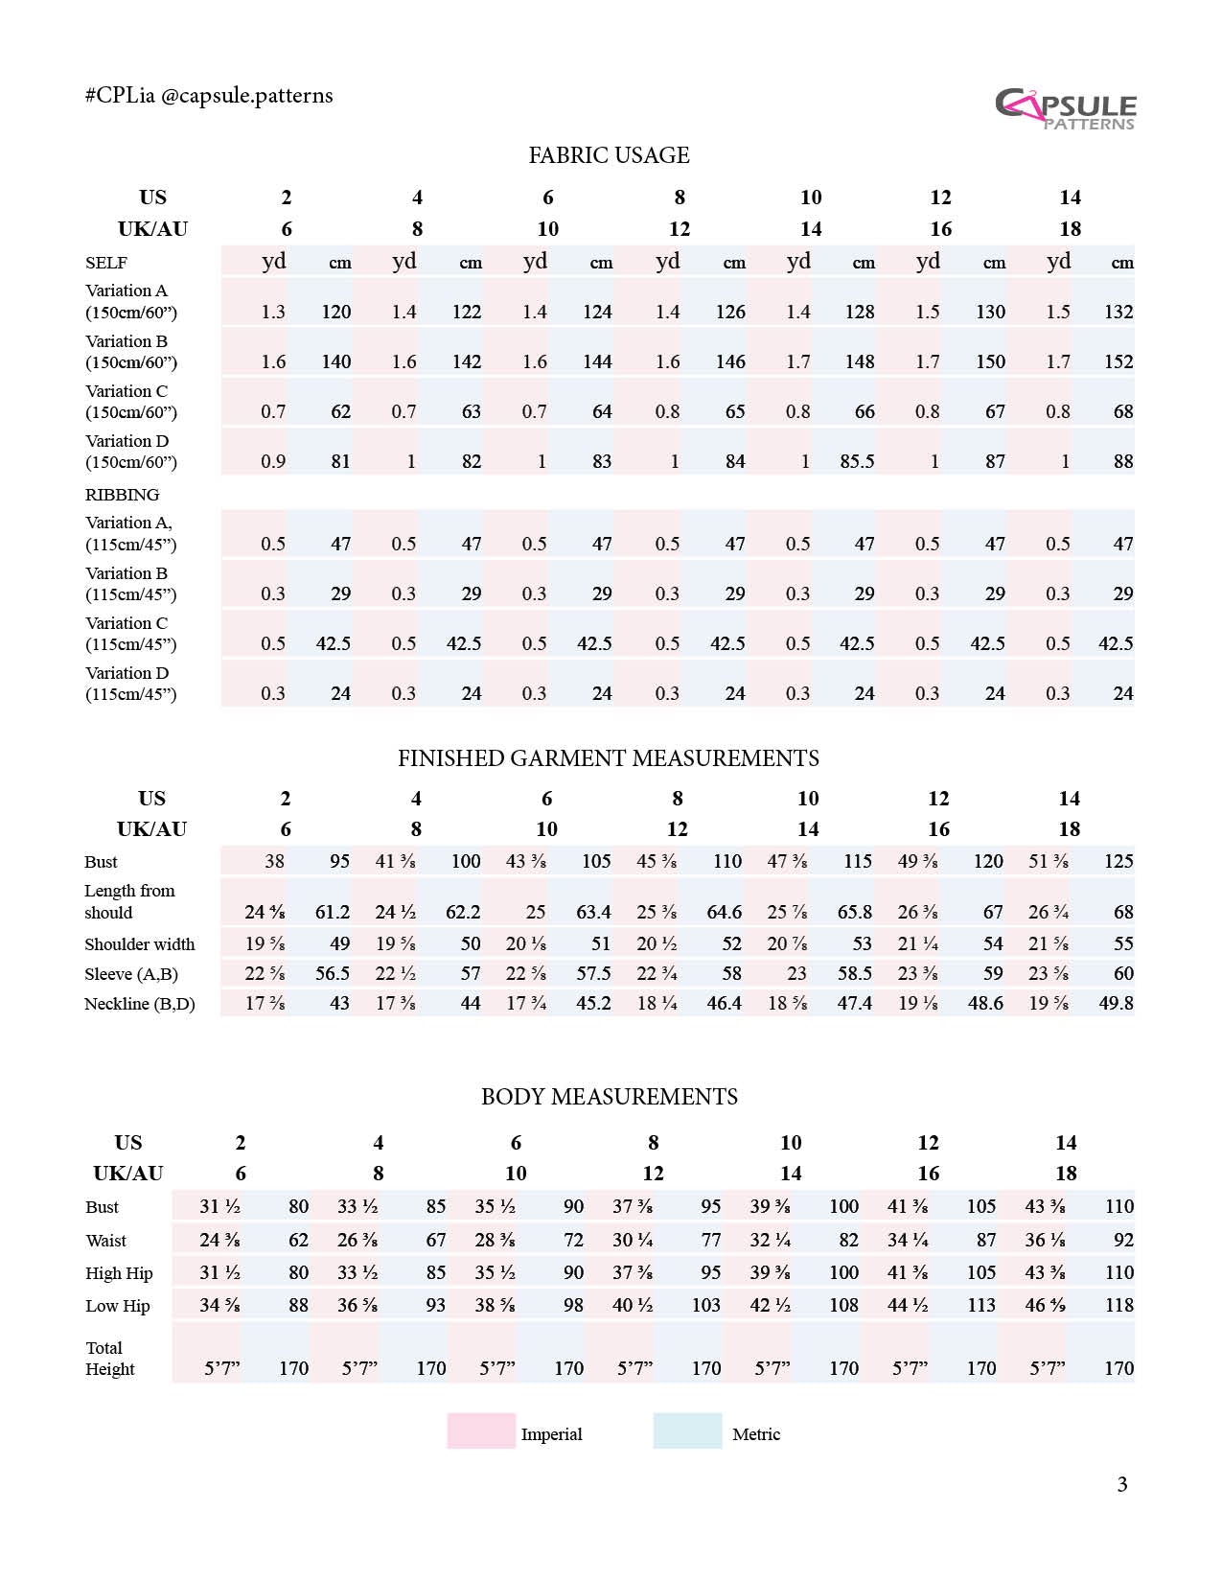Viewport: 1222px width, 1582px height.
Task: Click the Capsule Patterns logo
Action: pos(1065,108)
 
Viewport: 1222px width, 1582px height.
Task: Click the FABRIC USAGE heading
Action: pos(609,155)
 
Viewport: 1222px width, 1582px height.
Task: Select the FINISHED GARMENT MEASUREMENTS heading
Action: pos(609,758)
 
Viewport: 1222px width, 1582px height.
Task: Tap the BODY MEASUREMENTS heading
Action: pos(609,1097)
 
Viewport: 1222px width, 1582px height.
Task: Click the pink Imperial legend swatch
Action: pos(481,1431)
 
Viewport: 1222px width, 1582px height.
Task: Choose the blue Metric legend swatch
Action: pos(687,1431)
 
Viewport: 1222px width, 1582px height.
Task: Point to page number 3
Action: pos(1122,1485)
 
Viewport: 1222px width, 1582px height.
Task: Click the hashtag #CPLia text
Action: pos(120,96)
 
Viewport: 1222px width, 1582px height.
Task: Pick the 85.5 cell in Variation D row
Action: pos(857,462)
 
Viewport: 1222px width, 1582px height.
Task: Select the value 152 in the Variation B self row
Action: pos(1118,362)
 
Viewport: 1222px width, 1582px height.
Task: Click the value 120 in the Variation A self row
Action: pos(335,313)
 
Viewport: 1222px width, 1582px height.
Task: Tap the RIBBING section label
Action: pos(123,496)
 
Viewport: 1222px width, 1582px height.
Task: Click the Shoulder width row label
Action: pos(140,944)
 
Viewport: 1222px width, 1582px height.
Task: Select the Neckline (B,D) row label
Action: pos(140,1004)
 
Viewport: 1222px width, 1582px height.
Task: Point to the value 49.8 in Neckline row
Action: pos(1116,1004)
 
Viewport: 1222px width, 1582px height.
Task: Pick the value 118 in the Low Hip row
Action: pos(1118,1306)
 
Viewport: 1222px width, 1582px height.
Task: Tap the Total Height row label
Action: pos(110,1359)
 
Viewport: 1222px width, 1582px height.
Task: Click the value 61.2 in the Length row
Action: pos(333,913)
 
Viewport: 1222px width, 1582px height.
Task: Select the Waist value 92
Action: pos(1123,1241)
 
